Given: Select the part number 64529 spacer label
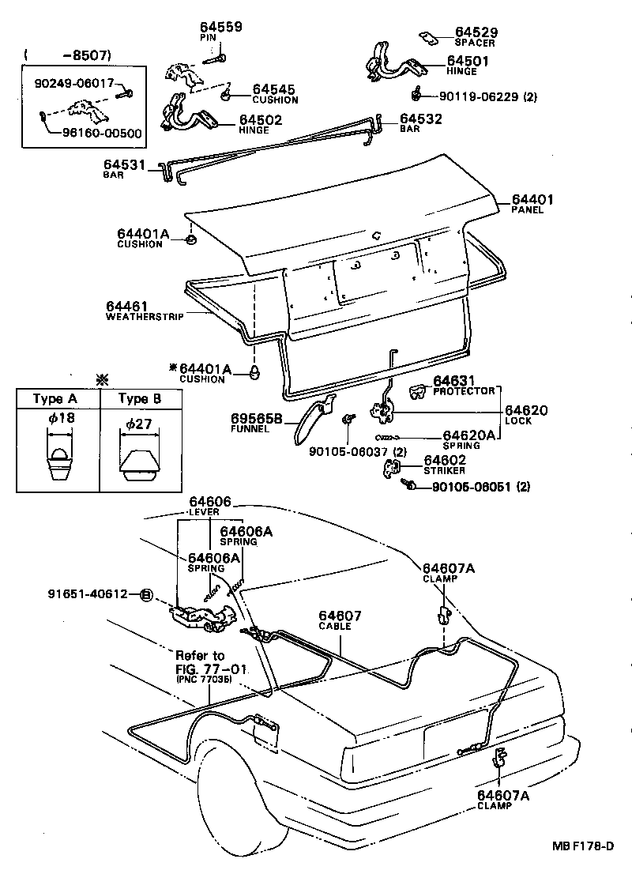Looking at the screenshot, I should [x=476, y=32].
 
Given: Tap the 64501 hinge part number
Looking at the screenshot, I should [x=468, y=60].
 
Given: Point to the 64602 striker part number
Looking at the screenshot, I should [x=445, y=460].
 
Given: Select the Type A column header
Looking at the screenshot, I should [x=53, y=399].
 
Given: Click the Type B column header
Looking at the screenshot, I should [x=139, y=399].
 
